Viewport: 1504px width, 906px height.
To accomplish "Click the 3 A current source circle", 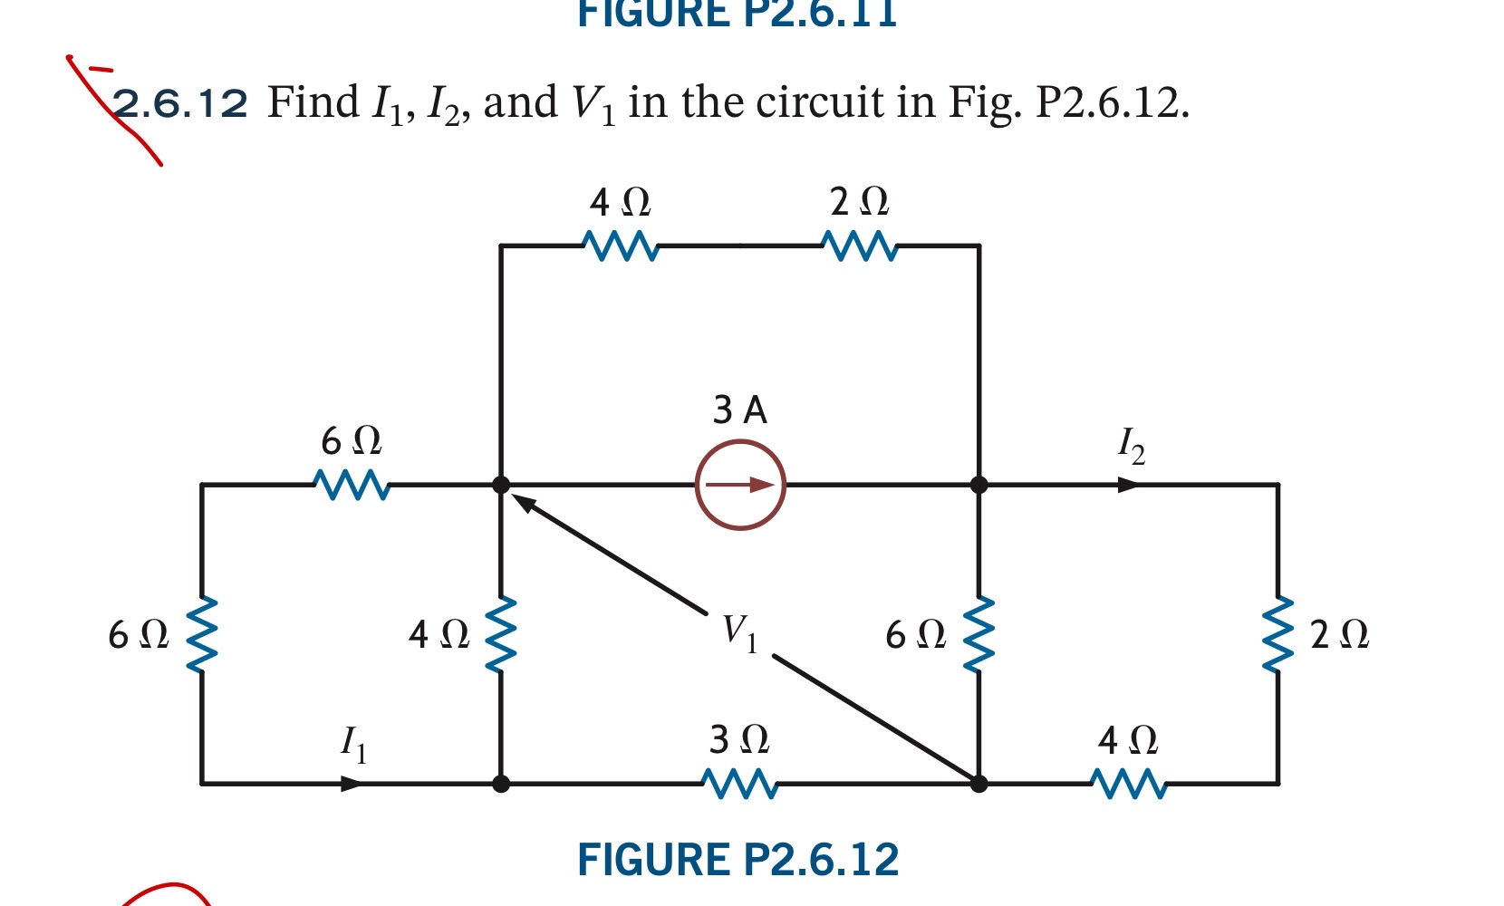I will pos(740,485).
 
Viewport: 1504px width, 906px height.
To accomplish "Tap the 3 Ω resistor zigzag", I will pos(740,784).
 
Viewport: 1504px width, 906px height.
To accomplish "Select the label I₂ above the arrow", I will pos(1131,445).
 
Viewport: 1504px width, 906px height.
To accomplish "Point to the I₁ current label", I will pos(353,744).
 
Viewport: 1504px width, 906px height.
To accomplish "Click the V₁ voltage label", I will pos(739,631).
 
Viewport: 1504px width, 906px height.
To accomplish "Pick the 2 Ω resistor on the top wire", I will pos(860,246).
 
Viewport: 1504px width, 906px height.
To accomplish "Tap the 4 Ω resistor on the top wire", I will pos(621,246).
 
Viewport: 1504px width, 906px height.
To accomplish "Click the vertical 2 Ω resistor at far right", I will pos(1277,633).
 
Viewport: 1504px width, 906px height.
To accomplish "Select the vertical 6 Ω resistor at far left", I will pos(201,633).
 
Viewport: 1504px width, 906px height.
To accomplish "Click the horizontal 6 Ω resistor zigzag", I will pos(352,485).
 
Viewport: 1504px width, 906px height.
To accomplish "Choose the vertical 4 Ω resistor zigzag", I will pos(501,633).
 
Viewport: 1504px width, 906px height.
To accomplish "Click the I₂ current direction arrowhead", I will pos(1128,485).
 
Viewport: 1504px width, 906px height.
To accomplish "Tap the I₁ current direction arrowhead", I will pos(352,784).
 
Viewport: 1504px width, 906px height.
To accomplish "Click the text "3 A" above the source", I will pos(739,410).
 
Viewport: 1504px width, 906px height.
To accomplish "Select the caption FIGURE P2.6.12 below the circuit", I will pos(738,860).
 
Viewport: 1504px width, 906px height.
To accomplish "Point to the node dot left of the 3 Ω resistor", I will pos(501,784).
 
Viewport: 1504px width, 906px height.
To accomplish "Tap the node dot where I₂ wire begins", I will pos(979,485).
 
